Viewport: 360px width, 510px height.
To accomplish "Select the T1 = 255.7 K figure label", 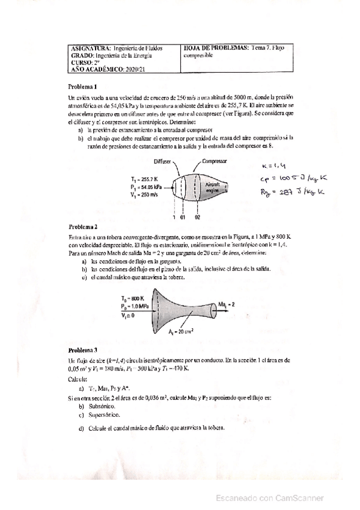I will tap(144, 179).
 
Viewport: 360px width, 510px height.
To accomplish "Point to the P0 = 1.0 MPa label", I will tap(136, 306).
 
